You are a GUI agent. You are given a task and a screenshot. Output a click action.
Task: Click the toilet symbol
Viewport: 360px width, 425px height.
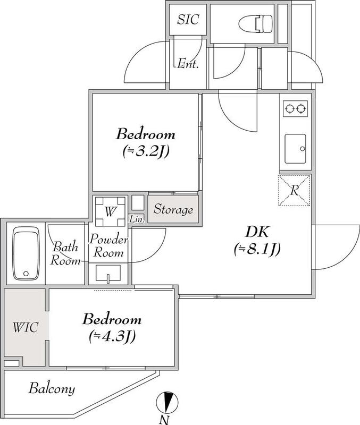tap(256, 23)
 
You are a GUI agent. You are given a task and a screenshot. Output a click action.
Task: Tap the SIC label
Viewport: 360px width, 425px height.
tap(188, 19)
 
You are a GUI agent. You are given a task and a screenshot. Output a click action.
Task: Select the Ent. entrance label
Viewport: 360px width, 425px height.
tap(188, 64)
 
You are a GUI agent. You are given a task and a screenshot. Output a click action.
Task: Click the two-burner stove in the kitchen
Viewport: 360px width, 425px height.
tap(295, 109)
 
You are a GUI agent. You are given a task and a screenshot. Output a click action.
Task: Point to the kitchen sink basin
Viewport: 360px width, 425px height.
tap(295, 149)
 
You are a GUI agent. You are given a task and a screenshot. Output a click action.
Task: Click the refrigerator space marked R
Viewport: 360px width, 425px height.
tap(294, 191)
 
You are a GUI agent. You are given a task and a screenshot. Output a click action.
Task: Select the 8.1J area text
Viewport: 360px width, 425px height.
tap(257, 249)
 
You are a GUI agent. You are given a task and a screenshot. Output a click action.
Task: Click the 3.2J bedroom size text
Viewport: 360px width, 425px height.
tap(146, 151)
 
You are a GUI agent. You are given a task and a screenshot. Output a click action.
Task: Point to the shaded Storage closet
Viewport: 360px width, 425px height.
tap(173, 209)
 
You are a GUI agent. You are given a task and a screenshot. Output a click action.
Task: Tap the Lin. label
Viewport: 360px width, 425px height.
tap(137, 219)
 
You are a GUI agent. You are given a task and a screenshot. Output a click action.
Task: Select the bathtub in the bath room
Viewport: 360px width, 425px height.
tap(26, 253)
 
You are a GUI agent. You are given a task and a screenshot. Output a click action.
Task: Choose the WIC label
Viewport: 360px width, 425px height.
tap(26, 327)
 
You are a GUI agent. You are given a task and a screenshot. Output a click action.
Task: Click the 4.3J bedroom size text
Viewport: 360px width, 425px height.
tap(112, 337)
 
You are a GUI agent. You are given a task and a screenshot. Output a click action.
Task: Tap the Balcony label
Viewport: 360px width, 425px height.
tap(52, 389)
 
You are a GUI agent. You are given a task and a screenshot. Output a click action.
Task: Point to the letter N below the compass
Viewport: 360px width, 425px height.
tap(164, 420)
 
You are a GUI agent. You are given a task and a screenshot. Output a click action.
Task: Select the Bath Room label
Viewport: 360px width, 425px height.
tap(65, 254)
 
